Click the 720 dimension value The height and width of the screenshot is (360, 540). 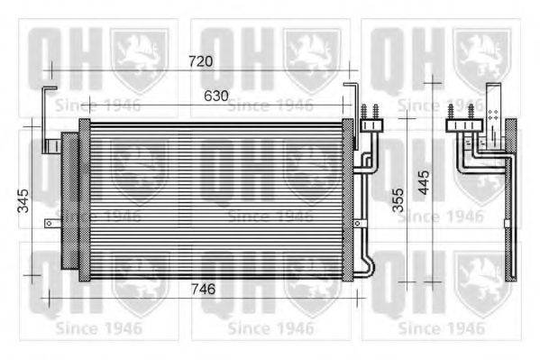click(x=200, y=61)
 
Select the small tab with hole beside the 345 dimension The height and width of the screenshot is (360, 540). click(x=55, y=220)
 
